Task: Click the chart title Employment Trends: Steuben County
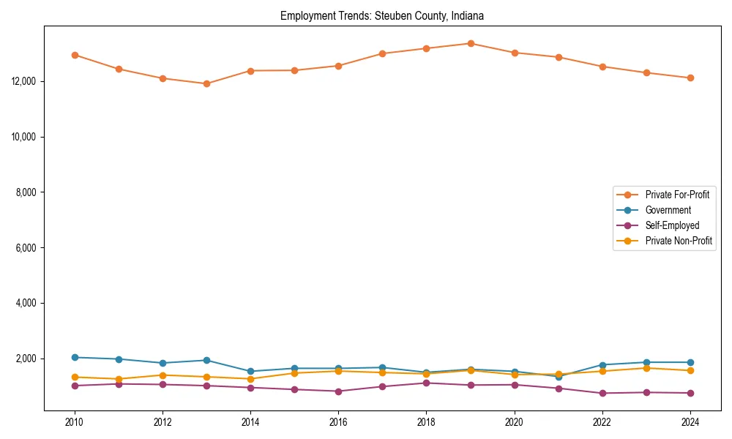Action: click(382, 15)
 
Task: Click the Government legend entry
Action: click(668, 210)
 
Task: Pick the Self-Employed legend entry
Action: click(672, 225)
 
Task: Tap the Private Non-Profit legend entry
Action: click(679, 241)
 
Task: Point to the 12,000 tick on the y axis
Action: click(25, 81)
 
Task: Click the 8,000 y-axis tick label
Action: click(27, 192)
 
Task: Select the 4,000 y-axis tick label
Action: click(27, 303)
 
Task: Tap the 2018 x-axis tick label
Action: click(426, 422)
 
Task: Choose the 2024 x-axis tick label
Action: click(690, 422)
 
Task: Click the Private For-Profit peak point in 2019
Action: click(471, 43)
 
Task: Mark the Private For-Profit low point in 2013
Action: click(206, 83)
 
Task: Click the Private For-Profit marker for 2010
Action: click(75, 55)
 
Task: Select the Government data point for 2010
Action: click(75, 357)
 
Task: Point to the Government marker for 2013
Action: click(206, 360)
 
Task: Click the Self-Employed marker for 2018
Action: click(426, 383)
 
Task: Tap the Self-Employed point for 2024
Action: click(690, 393)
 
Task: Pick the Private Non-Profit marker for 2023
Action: click(646, 368)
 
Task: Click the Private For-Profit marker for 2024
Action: click(690, 78)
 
